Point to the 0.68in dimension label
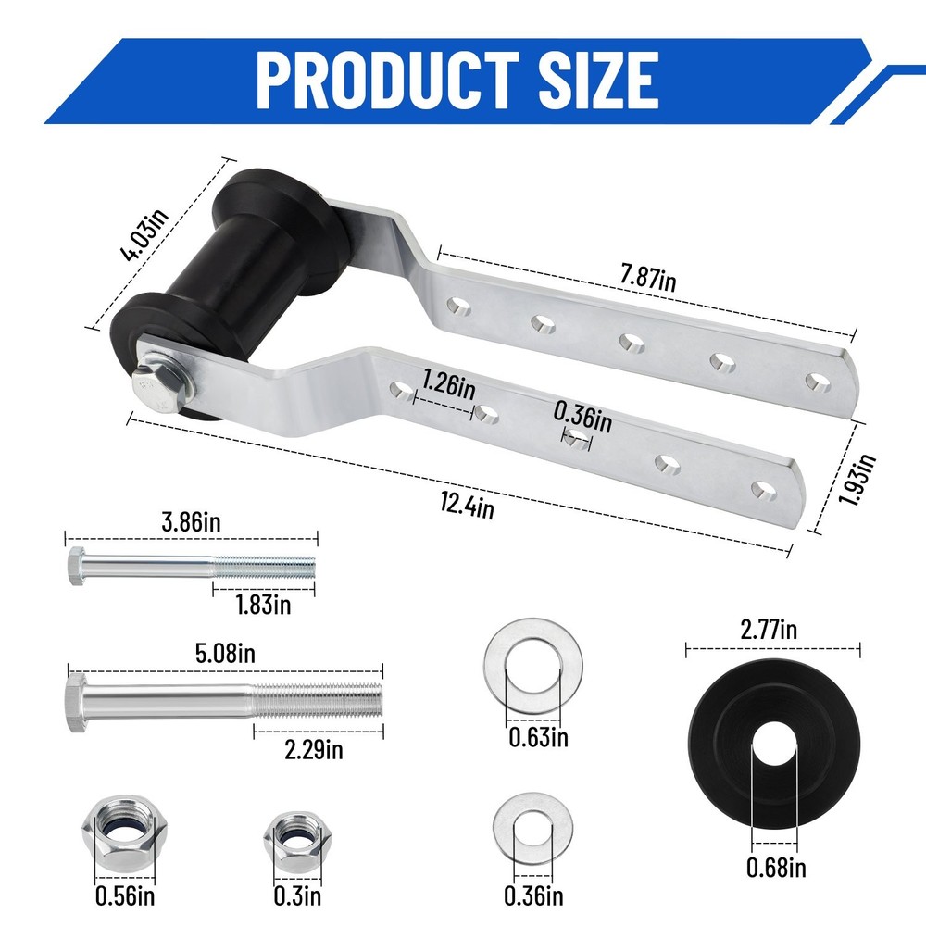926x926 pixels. click(x=775, y=868)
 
